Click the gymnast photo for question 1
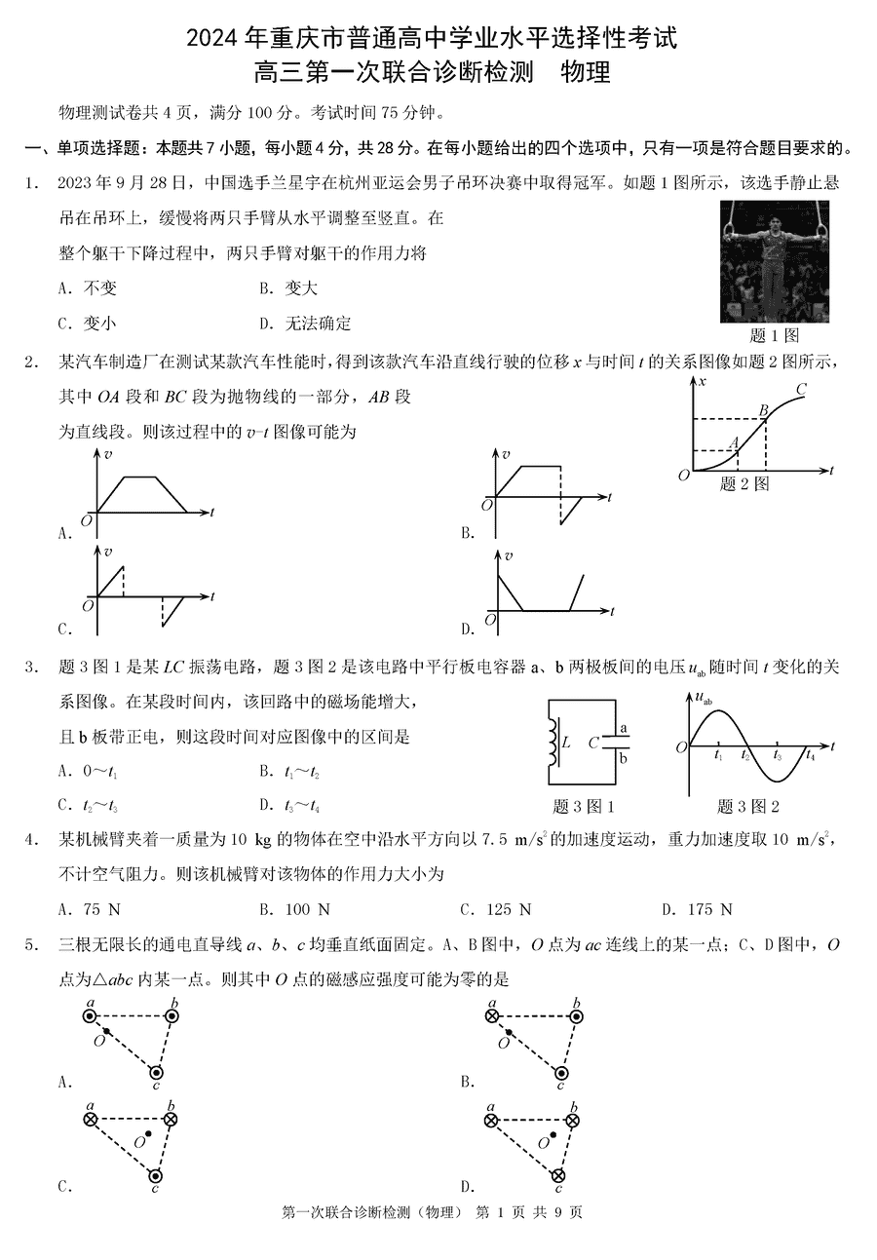(x=774, y=261)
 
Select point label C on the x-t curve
(x=801, y=390)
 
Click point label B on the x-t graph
(x=764, y=410)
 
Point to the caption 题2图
(x=744, y=483)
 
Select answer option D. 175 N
(x=697, y=909)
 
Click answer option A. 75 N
(x=89, y=909)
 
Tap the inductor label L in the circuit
(x=566, y=743)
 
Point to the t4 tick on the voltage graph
(x=810, y=757)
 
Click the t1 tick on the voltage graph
(x=718, y=757)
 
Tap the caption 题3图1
(x=583, y=806)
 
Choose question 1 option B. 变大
(x=287, y=288)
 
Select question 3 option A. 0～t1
(x=89, y=772)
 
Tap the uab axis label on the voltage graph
(x=701, y=698)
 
